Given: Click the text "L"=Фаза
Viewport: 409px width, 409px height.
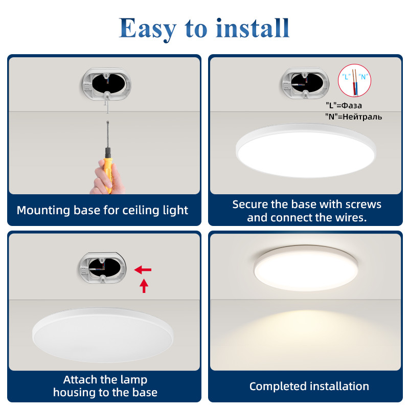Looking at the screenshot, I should [344, 105].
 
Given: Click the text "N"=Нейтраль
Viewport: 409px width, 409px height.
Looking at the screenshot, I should [353, 117].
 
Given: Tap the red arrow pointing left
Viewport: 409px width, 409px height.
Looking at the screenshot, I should [143, 269].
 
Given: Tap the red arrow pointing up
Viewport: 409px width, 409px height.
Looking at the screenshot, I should [144, 286].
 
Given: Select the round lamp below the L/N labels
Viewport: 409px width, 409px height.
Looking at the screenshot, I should [306, 150].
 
